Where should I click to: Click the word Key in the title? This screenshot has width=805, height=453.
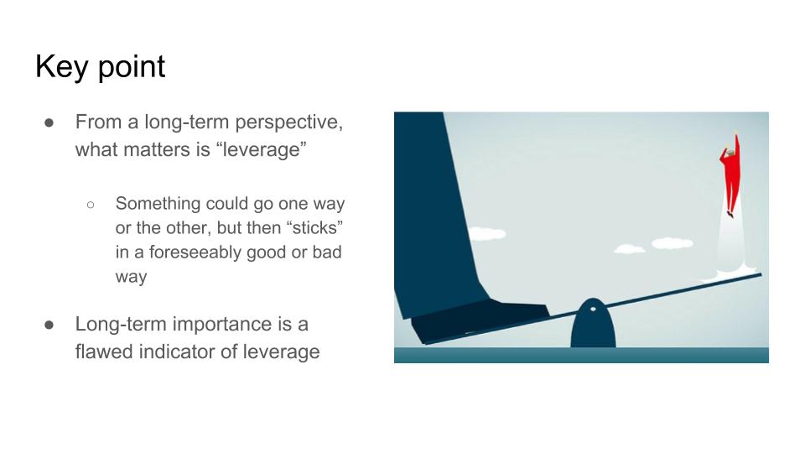(61, 67)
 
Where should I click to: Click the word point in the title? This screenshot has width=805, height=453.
(132, 67)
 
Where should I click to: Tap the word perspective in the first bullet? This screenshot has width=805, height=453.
(289, 122)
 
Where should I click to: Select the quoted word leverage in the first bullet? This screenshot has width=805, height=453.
(262, 150)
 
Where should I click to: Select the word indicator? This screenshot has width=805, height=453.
(177, 351)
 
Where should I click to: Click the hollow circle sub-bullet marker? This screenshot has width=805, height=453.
(91, 205)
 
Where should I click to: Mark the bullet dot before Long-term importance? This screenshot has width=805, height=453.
(49, 325)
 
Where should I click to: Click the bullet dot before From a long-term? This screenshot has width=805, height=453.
(49, 122)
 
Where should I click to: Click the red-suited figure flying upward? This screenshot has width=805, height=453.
(731, 174)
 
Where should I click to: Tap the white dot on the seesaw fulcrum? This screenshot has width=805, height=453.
(593, 310)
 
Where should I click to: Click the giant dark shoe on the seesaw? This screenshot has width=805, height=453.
(480, 321)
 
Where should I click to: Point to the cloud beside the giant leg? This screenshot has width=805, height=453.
(486, 234)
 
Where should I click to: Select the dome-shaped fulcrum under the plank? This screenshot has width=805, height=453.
(593, 324)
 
